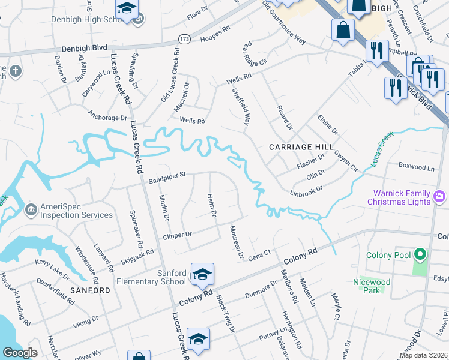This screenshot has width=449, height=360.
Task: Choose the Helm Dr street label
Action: [211, 206]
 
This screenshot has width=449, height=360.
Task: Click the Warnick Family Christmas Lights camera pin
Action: [440, 197]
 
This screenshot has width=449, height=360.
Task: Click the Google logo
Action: [20, 353]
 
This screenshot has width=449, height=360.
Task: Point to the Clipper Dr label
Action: [177, 235]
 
